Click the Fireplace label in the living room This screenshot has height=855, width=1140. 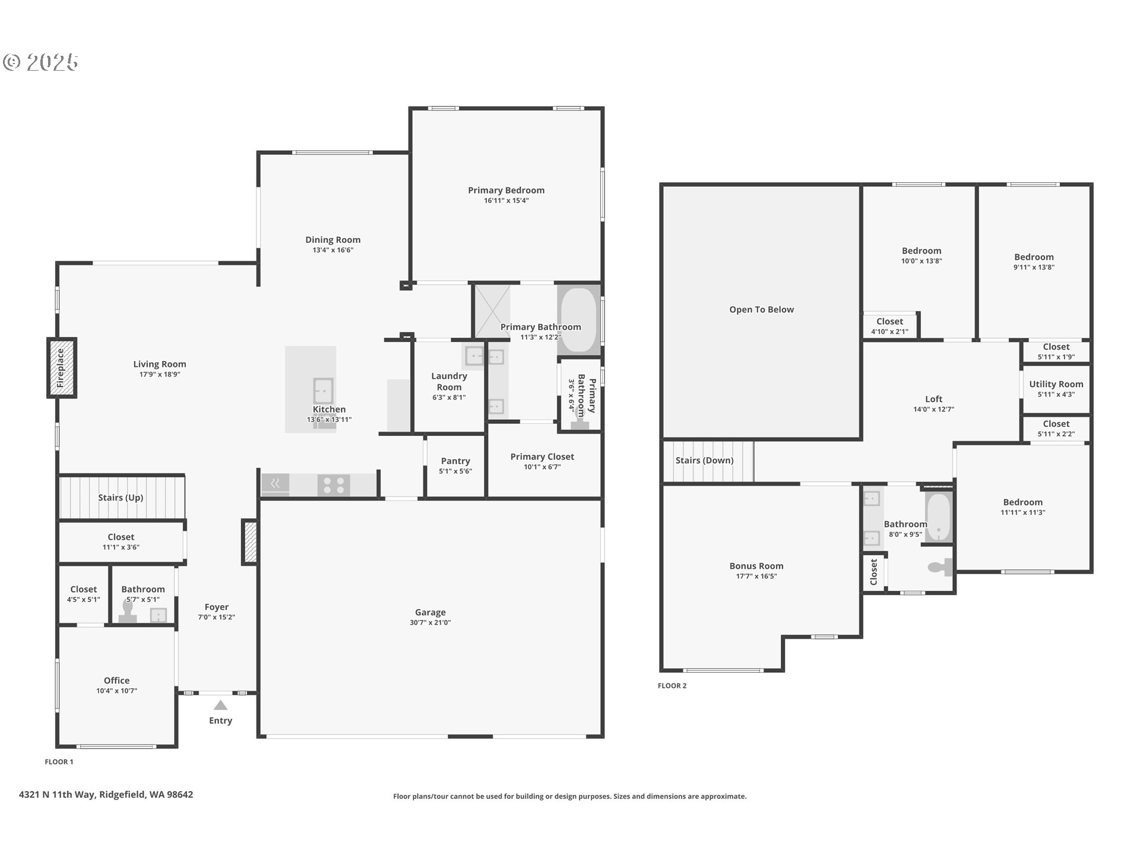pos(61,368)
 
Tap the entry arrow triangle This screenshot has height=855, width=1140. pos(220,705)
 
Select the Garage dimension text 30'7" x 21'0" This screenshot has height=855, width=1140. pos(430,623)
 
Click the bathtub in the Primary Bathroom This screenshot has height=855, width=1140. pos(579,320)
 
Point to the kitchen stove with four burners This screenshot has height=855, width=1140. pos(334,484)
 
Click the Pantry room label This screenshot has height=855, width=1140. pos(455,461)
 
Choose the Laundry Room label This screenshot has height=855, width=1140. pos(449,381)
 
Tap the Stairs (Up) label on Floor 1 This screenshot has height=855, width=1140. pos(121,498)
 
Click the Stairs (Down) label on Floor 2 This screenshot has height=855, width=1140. pos(704,460)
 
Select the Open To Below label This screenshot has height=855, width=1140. pos(761,309)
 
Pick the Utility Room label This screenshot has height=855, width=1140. pos(1056,384)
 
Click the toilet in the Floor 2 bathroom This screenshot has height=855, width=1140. pos(940,568)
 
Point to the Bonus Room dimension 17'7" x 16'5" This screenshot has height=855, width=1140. pos(756,577)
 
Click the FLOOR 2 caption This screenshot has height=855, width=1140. pos(672,686)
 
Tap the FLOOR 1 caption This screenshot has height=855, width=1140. pos(59,762)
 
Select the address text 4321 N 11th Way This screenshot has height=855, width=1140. pos(57,794)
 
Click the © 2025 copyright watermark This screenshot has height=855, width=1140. pos(40,62)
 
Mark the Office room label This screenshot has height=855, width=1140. pos(116,680)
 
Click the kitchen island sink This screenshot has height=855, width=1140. pos(323,391)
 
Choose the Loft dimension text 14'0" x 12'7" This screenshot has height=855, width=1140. pos(933,410)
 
